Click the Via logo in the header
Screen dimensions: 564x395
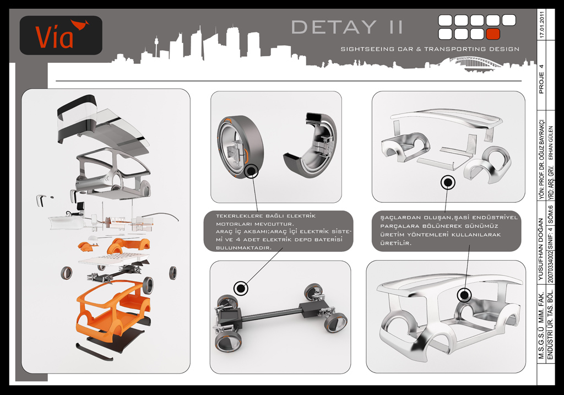point(61,35)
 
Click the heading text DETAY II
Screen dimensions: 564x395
point(347,28)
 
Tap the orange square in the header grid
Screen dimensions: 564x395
point(493,34)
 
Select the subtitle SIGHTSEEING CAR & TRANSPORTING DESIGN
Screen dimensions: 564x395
point(430,49)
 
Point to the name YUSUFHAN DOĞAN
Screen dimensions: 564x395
point(541,250)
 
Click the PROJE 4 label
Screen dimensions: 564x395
point(541,79)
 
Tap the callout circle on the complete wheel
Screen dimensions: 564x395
point(251,171)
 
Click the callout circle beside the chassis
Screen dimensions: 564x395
point(241,288)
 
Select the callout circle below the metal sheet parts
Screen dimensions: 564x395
point(448,183)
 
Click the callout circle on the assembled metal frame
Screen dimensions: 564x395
point(464,295)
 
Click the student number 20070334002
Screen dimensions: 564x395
point(550,265)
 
